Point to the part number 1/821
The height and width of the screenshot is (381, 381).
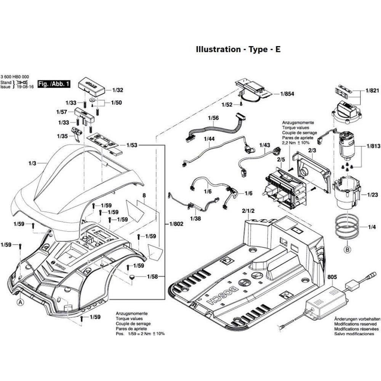tap(372, 91)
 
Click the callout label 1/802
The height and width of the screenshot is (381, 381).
tap(176, 224)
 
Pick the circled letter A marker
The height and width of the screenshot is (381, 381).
tap(19, 302)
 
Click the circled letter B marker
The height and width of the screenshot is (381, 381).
tap(347, 250)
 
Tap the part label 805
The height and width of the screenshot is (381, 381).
tap(332, 278)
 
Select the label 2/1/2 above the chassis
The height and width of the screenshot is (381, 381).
tap(248, 211)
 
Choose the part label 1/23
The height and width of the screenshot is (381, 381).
tap(372, 195)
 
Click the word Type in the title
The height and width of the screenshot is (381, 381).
tap(258, 50)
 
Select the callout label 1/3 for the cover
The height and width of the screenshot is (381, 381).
tap(32, 163)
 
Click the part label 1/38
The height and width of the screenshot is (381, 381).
tap(195, 219)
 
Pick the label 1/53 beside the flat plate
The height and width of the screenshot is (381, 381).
tap(132, 146)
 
